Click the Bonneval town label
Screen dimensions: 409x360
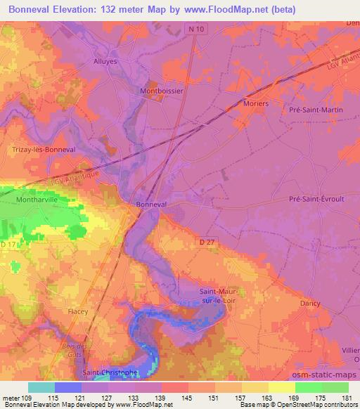point(151,204)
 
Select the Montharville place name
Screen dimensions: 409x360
point(35,200)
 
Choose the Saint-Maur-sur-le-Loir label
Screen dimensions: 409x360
point(219,297)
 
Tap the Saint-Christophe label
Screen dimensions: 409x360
point(110,372)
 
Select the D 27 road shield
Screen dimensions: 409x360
point(204,241)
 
